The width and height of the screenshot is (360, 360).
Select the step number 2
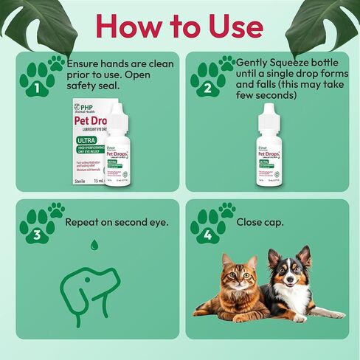coord(207,89)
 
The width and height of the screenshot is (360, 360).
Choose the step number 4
coord(207,235)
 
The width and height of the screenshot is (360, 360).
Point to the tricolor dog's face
coord(288,271)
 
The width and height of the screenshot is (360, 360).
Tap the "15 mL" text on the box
coord(92,179)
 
